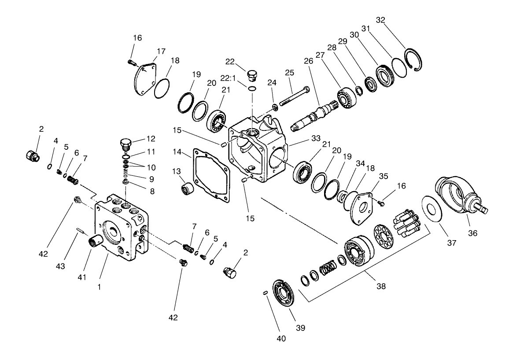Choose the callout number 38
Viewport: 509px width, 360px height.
pyautogui.click(x=381, y=286)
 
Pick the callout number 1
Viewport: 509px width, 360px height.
pyautogui.click(x=100, y=286)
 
